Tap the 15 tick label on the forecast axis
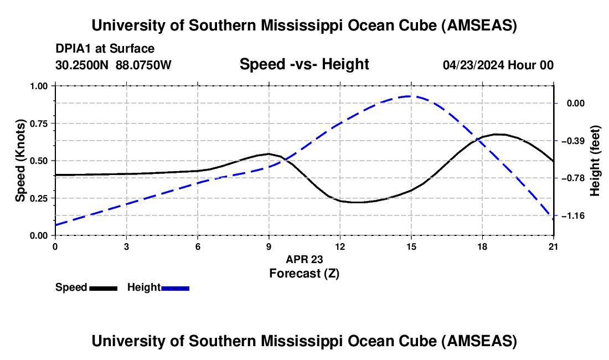(411, 246)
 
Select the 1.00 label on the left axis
(38, 86)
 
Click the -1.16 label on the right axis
(573, 215)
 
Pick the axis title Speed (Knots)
(20, 161)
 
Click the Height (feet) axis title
(595, 161)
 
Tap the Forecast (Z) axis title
(304, 274)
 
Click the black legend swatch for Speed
(104, 288)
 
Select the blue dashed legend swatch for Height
(175, 288)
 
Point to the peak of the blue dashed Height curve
(408, 96)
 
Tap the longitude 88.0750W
(143, 65)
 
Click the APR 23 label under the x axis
(304, 259)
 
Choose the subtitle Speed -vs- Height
(304, 64)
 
